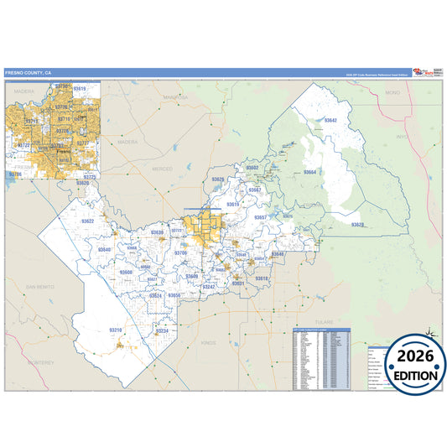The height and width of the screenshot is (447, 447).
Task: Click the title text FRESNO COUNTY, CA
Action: [x=27, y=73]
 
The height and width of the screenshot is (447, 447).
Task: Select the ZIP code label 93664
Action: [x=309, y=172]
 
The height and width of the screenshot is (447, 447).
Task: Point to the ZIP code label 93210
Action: [x=116, y=330]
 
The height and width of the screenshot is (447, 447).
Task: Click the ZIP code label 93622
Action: [x=86, y=221]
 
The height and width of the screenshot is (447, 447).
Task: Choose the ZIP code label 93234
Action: [x=162, y=330]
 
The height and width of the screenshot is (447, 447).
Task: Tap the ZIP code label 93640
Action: [x=104, y=250]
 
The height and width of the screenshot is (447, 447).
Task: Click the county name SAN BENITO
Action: [x=39, y=287]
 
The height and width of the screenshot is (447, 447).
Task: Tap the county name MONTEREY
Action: [x=40, y=362]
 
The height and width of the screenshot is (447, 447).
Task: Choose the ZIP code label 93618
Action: [x=262, y=278]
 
